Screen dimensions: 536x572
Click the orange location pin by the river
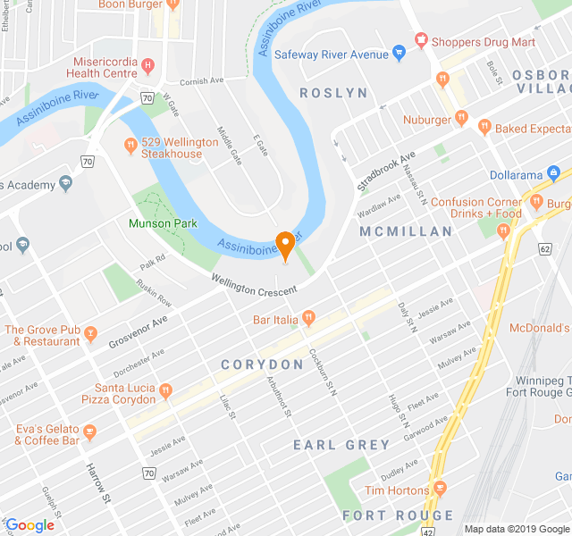click(x=286, y=244)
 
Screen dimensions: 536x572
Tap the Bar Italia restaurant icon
click(x=309, y=317)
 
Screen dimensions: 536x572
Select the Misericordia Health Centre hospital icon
click(x=148, y=65)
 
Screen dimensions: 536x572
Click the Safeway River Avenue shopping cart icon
click(x=400, y=54)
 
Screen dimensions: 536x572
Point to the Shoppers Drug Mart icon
click(x=421, y=41)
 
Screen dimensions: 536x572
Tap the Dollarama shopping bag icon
click(x=554, y=172)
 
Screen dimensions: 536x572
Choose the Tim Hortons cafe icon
click(x=439, y=489)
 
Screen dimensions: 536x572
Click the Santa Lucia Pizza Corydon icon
click(x=164, y=389)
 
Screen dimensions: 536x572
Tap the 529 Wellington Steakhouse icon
click(x=130, y=144)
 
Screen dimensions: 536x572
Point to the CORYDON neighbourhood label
click(x=263, y=364)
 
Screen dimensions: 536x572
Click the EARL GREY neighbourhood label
click(x=342, y=445)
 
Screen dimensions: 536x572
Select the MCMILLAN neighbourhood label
click(x=406, y=231)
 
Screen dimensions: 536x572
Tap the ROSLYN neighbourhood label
click(x=333, y=93)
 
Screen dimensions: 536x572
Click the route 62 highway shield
click(x=544, y=249)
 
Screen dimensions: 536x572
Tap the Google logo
click(x=29, y=525)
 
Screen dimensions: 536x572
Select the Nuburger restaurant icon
click(x=461, y=117)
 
